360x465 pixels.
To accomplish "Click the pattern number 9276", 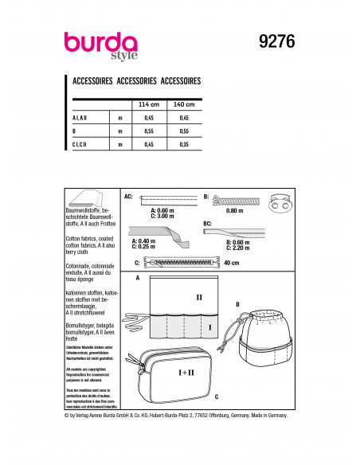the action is tap(271, 43).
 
